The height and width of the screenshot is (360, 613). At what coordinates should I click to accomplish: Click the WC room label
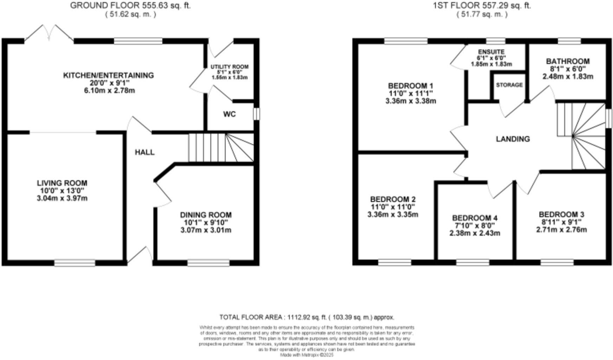(x=229, y=114)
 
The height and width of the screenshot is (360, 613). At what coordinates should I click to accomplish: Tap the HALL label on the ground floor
(x=145, y=152)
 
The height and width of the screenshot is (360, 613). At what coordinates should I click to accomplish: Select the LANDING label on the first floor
(x=513, y=139)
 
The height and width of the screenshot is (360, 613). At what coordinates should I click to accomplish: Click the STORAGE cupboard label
(x=509, y=85)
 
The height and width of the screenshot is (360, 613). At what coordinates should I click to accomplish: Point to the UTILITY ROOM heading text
(x=230, y=67)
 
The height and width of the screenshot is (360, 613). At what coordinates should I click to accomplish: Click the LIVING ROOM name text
(x=62, y=183)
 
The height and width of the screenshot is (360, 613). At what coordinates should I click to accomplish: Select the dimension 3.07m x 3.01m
(x=206, y=230)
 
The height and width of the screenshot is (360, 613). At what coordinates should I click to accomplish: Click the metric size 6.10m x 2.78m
(x=108, y=91)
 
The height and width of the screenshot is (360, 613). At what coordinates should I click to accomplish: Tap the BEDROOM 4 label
(x=475, y=218)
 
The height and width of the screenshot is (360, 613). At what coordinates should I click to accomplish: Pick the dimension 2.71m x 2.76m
(x=561, y=230)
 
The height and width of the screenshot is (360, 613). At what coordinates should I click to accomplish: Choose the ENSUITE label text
(x=491, y=52)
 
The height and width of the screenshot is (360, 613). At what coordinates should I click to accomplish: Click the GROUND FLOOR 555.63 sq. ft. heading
(x=130, y=6)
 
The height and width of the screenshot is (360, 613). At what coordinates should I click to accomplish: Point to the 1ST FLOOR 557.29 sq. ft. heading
(x=482, y=6)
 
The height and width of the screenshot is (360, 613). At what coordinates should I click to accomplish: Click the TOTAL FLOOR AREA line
(x=306, y=317)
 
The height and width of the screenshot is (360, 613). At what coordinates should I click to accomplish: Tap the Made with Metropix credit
(x=306, y=355)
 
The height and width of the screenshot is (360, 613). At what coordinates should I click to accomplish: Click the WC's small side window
(x=257, y=114)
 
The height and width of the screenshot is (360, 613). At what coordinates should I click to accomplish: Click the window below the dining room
(x=208, y=263)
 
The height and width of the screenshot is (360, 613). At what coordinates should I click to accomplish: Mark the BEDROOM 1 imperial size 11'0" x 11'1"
(x=411, y=94)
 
